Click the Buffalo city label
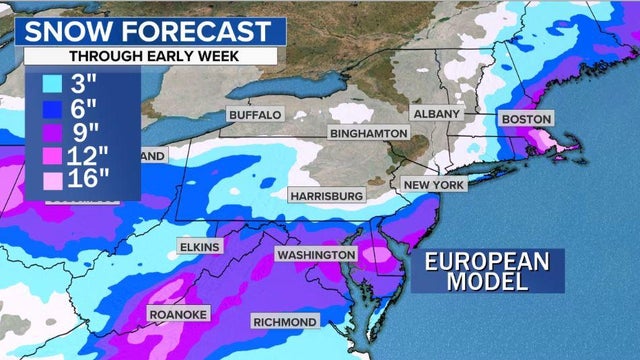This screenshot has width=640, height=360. coord(256,115)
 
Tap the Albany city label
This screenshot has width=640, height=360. coord(437,114)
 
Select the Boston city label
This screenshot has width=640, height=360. coord(526,119)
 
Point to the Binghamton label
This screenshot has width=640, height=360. coord(369,133)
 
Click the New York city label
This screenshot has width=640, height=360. coord(434,185)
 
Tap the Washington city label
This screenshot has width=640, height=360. coord(316,255)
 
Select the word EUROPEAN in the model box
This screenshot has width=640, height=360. coord(488,262)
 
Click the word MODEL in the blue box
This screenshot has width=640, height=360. coord(488,282)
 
